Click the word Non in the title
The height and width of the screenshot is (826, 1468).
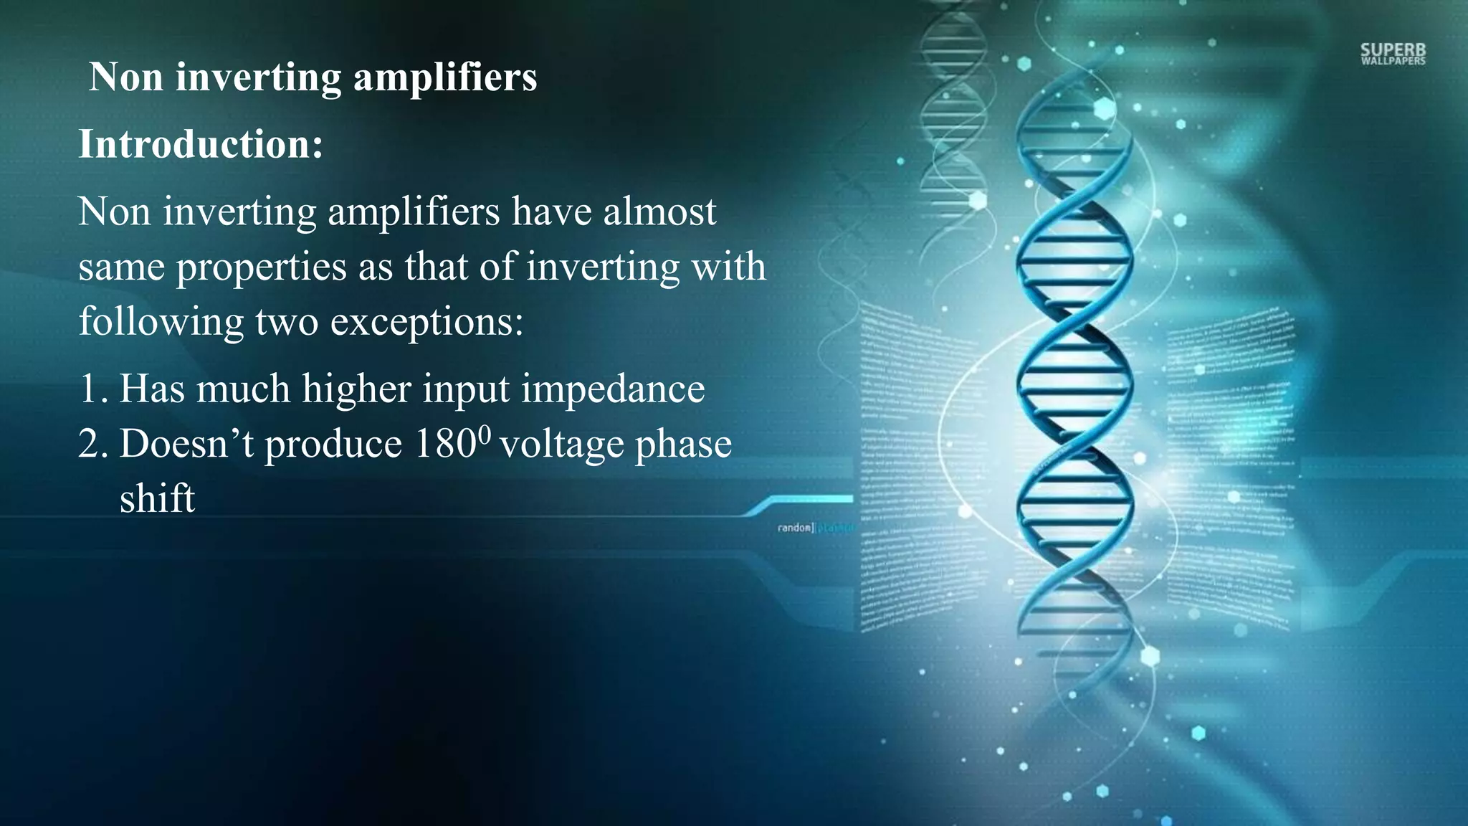pyautogui.click(x=126, y=77)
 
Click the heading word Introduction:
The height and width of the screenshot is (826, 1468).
pyautogui.click(x=201, y=144)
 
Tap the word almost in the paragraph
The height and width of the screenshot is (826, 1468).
pyautogui.click(x=659, y=212)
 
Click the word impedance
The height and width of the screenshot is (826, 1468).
pyautogui.click(x=613, y=389)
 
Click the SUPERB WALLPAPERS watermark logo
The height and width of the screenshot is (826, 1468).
pyautogui.click(x=1393, y=54)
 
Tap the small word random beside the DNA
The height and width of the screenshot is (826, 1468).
pyautogui.click(x=794, y=528)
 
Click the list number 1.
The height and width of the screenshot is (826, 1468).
pyautogui.click(x=92, y=389)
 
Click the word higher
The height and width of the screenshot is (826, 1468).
pyautogui.click(x=356, y=389)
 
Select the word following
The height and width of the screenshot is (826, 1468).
pyautogui.click(x=161, y=322)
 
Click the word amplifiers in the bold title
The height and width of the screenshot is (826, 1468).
pyautogui.click(x=445, y=77)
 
